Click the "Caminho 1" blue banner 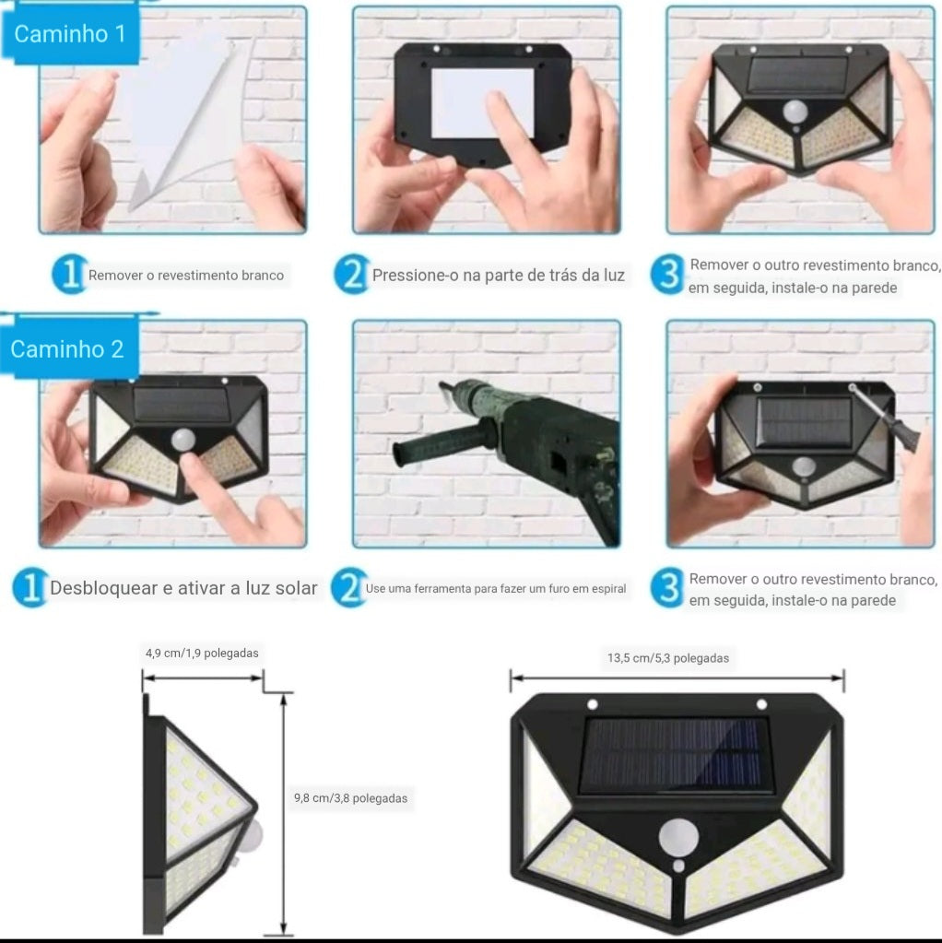click(x=69, y=35)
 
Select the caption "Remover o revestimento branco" click(x=185, y=275)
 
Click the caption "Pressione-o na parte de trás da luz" click(x=498, y=275)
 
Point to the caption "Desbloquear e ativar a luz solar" click(x=183, y=588)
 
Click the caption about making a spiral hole click(x=495, y=588)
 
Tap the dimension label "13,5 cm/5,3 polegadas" click(x=667, y=658)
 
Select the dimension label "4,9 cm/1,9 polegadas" click(x=202, y=653)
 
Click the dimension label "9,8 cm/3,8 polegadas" click(x=350, y=798)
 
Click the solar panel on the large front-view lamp click(x=675, y=754)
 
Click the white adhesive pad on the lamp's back click(x=482, y=102)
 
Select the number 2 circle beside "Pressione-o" click(x=350, y=275)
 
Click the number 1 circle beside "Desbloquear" click(x=29, y=588)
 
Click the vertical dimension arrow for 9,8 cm click(x=285, y=811)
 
